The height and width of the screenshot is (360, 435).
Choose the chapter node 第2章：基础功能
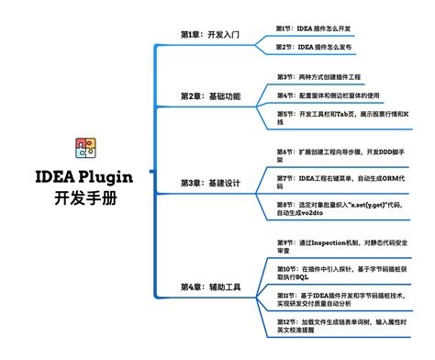point(210,96)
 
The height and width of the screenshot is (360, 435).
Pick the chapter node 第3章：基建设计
point(210,184)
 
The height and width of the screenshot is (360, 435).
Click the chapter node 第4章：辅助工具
point(210,287)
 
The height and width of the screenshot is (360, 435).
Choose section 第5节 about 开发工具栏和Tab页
point(343,118)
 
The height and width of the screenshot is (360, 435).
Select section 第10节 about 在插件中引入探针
point(343,271)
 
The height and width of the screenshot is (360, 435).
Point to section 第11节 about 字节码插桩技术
point(343,298)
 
